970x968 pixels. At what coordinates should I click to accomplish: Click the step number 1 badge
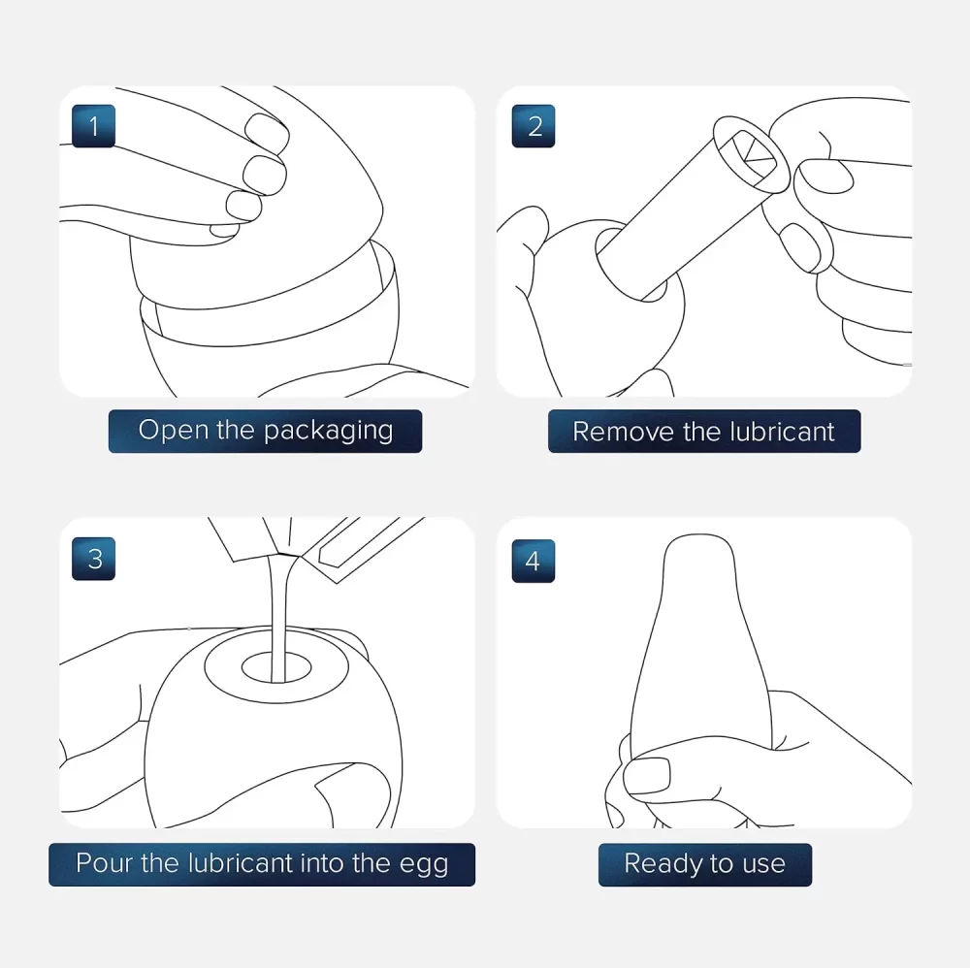(93, 126)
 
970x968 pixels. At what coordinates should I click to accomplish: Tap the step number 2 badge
(533, 126)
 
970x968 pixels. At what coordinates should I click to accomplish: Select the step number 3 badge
(93, 559)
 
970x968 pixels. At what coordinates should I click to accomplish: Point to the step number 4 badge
(533, 561)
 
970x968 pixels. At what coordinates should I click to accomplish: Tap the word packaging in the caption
(329, 432)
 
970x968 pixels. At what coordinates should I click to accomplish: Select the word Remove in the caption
(623, 432)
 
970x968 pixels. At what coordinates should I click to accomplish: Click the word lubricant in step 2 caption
(782, 431)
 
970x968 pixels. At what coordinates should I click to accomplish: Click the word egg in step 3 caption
(423, 865)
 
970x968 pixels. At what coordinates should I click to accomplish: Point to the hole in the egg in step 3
(276, 667)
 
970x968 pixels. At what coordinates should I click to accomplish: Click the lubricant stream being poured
(279, 619)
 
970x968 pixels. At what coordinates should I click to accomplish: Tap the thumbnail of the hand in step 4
(647, 776)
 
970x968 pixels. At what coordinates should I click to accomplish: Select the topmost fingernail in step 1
(267, 132)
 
